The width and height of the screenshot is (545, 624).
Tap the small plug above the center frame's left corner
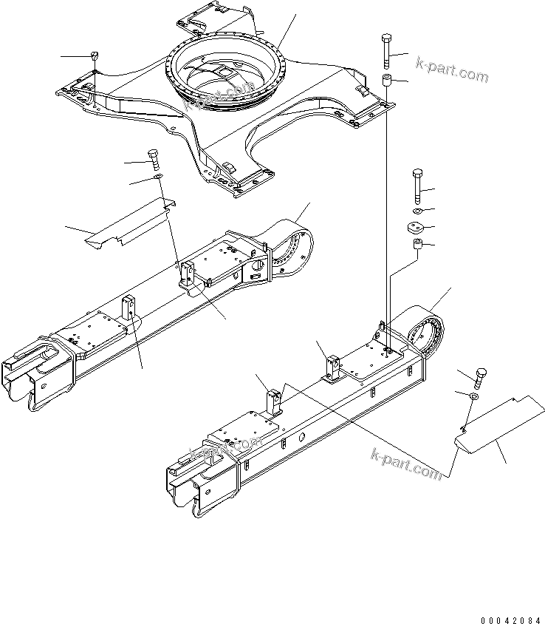tap(95, 56)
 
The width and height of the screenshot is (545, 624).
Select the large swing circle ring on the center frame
tap(225, 74)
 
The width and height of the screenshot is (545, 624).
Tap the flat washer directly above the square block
tap(415, 212)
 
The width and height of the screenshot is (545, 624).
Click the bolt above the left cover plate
tap(154, 159)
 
